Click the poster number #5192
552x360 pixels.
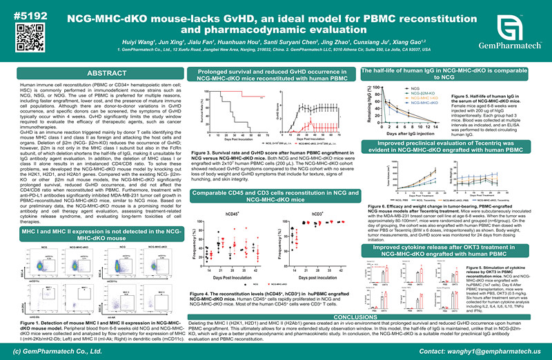pyautogui.click(x=29, y=11)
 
